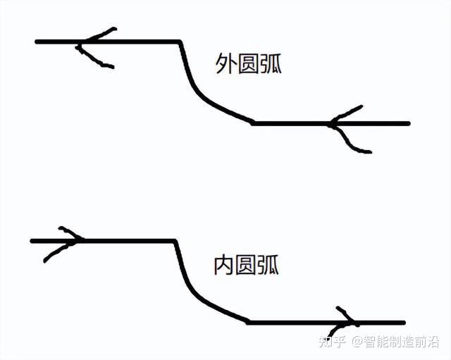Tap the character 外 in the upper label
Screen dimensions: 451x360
[225, 64]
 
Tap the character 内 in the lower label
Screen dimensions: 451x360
[223, 265]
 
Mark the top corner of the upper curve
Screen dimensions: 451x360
[180, 42]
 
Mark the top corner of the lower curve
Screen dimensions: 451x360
[175, 241]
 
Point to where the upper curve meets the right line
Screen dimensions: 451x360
[253, 123]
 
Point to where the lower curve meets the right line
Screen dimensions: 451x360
[248, 323]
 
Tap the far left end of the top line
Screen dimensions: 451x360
[37, 42]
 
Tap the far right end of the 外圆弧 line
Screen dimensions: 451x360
[408, 123]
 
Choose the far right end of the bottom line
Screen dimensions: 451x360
[404, 323]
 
